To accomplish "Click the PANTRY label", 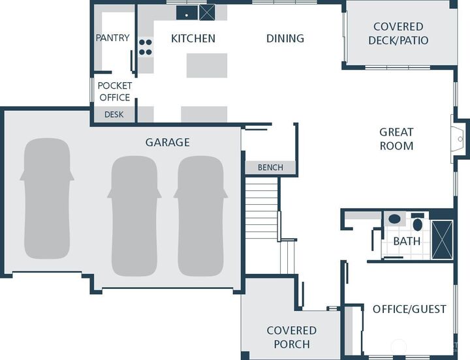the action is coord(113,38).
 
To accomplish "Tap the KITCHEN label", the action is coord(193,38).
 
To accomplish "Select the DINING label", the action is coord(285,38).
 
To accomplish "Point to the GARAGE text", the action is coord(168,142).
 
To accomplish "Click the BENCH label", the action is coord(270,167).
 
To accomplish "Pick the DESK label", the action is coord(114,114).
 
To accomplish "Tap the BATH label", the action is coord(407,241).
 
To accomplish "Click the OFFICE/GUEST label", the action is coord(409,308).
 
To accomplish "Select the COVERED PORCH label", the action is coord(292,337).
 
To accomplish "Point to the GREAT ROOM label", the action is coord(397,139).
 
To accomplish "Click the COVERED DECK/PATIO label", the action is coord(398,33).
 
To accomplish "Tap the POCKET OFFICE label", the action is coord(115,91).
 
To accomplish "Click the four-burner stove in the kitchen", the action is coord(146,47).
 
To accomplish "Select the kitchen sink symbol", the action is coord(187,12).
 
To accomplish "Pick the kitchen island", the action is coord(207,65).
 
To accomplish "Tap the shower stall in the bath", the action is coord(442,239).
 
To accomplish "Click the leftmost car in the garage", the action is coord(47,198).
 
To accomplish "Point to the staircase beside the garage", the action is coord(262,208).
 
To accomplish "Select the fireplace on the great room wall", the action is coord(458,139).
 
